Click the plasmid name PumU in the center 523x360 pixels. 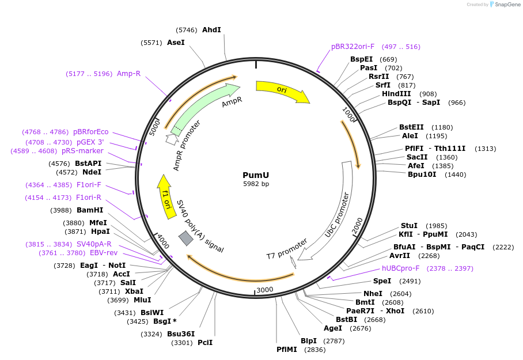256,175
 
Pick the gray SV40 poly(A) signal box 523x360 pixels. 185,238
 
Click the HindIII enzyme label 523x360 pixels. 396,94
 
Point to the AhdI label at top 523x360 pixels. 211,30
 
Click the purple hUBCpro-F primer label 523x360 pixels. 400,268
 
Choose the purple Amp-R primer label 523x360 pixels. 128,74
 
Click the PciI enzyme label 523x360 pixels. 205,343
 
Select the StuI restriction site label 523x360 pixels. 409,226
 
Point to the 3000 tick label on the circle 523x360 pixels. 265,289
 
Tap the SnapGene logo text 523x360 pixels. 508,5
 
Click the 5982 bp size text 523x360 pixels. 256,184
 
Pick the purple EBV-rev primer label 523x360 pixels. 104,253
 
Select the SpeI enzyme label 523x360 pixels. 382,281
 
